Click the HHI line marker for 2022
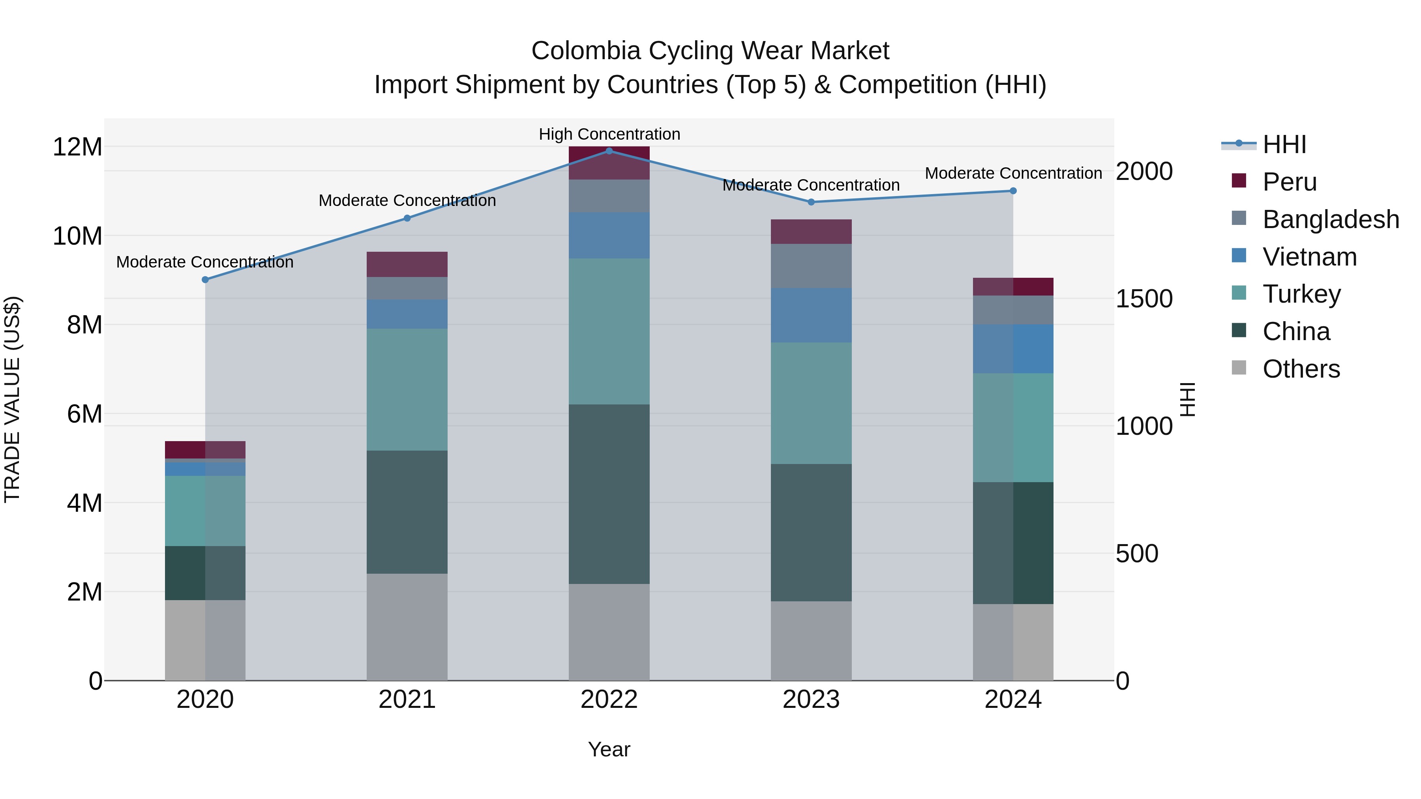(x=609, y=151)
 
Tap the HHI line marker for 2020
(x=205, y=280)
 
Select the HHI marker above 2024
(x=1013, y=191)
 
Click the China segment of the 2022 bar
(x=609, y=494)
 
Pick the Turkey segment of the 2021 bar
(x=407, y=389)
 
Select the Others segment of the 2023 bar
(x=811, y=641)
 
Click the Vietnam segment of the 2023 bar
(x=811, y=315)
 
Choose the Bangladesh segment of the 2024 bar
(x=1013, y=310)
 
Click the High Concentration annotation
(x=609, y=134)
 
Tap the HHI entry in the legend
(x=1284, y=144)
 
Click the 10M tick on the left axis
(x=77, y=236)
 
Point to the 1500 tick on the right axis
(x=1144, y=298)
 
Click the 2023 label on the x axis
(x=811, y=700)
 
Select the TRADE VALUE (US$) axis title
(x=12, y=399)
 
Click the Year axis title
(x=609, y=749)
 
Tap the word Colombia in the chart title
(x=586, y=51)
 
